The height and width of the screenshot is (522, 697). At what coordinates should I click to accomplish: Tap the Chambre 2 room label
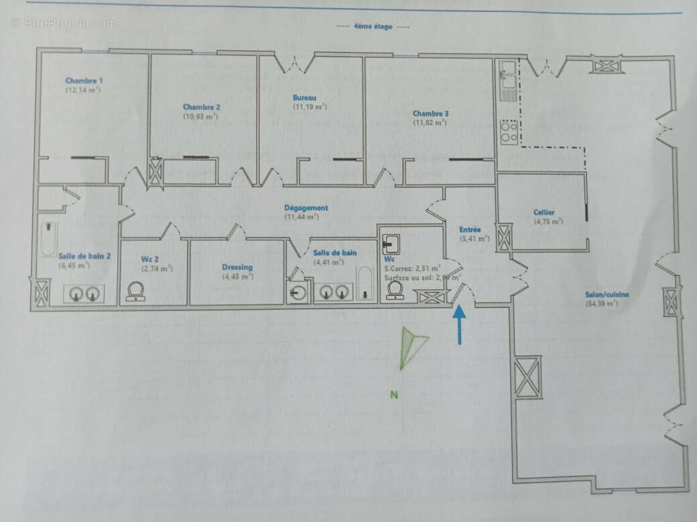pyautogui.click(x=201, y=107)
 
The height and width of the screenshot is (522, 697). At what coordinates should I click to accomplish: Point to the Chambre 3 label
pyautogui.click(x=430, y=114)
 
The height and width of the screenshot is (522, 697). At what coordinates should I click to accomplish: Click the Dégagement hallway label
pyautogui.click(x=306, y=208)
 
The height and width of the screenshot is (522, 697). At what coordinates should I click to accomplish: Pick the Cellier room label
pyautogui.click(x=544, y=213)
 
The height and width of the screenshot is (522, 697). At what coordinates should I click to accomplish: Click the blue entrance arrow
pyautogui.click(x=460, y=325)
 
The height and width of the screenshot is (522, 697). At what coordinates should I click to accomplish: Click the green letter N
pyautogui.click(x=394, y=395)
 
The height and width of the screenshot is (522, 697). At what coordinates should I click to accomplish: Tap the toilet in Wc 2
pyautogui.click(x=136, y=291)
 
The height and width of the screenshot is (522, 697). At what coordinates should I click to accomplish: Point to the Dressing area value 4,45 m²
pyautogui.click(x=237, y=277)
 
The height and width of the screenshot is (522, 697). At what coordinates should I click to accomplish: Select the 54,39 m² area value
pyautogui.click(x=600, y=304)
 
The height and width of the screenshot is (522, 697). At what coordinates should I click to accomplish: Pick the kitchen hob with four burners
pyautogui.click(x=508, y=131)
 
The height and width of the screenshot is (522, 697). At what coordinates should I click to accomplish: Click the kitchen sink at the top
pyautogui.click(x=505, y=74)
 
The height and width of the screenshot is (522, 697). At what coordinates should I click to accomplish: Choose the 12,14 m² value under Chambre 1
pyautogui.click(x=82, y=89)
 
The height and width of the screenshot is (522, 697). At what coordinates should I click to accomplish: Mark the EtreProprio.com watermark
pyautogui.click(x=64, y=23)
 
